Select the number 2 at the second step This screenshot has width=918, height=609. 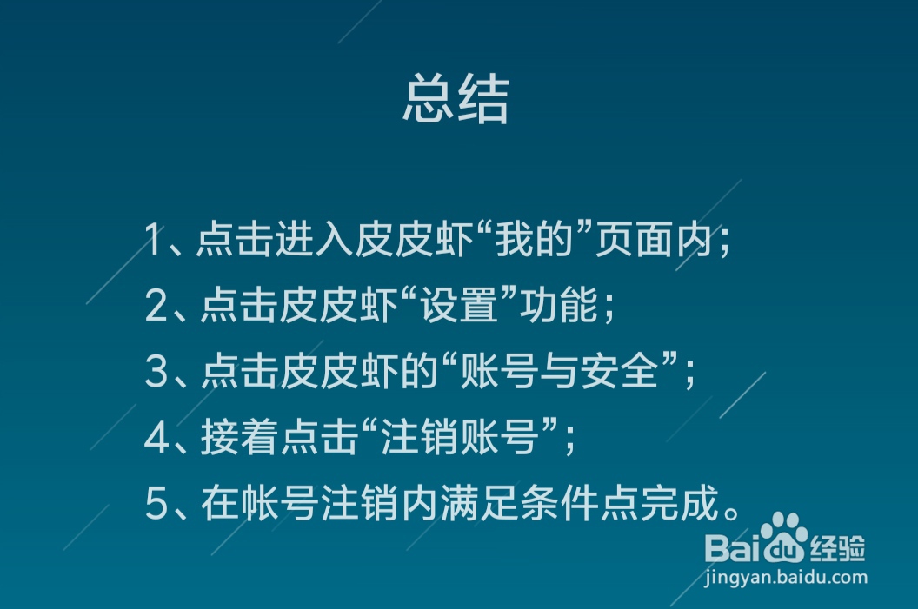(156, 306)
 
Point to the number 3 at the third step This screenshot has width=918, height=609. (156, 372)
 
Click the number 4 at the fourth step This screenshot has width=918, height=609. (156, 438)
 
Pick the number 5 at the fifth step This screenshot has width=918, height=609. (156, 504)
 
